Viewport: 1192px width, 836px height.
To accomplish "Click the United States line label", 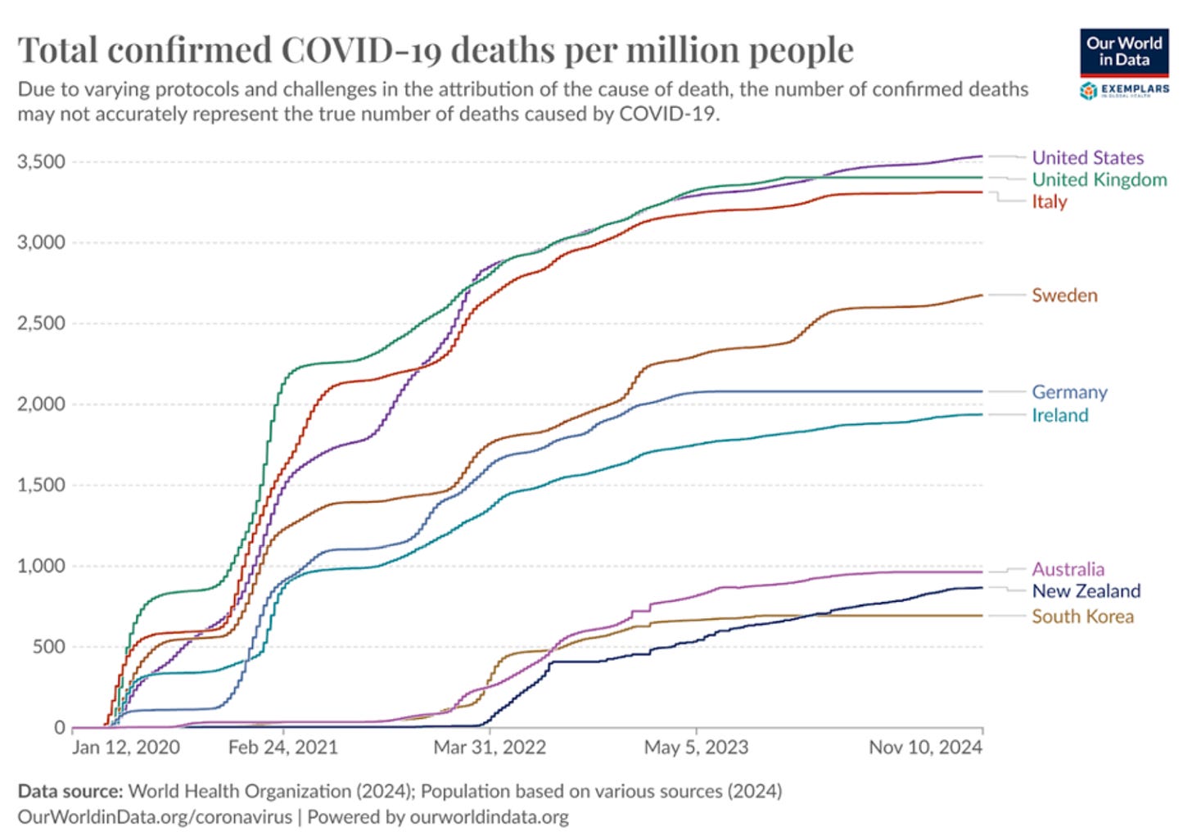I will coord(1087,157).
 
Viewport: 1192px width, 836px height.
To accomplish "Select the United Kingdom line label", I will coord(1099,179).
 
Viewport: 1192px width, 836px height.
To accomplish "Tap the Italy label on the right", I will coord(1049,201).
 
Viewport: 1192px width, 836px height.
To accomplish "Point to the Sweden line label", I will coord(1064,295).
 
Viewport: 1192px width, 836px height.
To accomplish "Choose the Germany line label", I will coord(1069,392).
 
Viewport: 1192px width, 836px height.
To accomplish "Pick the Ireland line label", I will coord(1059,415).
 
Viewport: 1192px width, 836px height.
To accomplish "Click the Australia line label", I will coord(1068,569).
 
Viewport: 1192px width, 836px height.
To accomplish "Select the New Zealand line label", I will coord(1086,591).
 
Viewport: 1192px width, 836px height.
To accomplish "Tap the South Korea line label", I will coord(1082,617).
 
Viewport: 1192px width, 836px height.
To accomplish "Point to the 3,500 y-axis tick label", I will coord(41,161).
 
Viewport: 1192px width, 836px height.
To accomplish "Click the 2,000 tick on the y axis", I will coord(41,404).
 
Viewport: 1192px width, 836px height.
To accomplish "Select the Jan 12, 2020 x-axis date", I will coord(126,748).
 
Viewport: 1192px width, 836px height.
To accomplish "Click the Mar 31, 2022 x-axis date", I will coord(490,748).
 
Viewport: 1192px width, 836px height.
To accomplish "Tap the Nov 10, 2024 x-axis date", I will coord(925,748).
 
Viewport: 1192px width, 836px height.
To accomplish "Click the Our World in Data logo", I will coord(1124,51).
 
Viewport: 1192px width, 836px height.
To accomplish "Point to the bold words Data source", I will coord(70,791).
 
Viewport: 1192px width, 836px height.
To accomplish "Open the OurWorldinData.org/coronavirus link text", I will coord(155,816).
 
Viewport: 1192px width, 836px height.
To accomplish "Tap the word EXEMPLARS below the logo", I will coord(1135,89).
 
